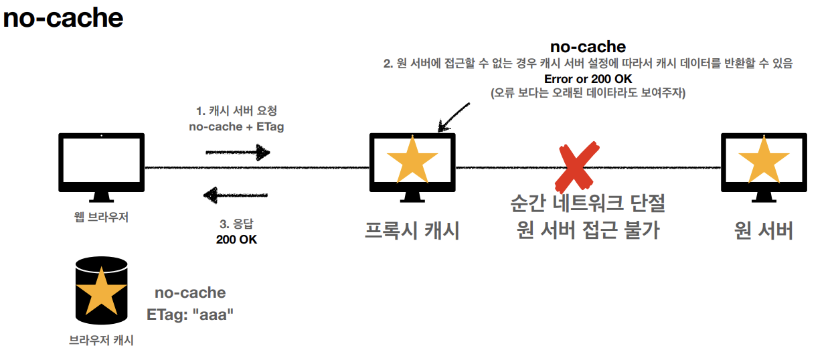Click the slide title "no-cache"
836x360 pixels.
pyautogui.click(x=63, y=18)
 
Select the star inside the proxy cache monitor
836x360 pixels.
pyautogui.click(x=412, y=161)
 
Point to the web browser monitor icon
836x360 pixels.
pyautogui.click(x=101, y=166)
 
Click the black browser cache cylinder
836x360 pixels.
pyautogui.click(x=101, y=289)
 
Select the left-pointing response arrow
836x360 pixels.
pyautogui.click(x=236, y=195)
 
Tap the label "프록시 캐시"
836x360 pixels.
pyautogui.click(x=412, y=230)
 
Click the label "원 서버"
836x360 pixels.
pyautogui.click(x=763, y=230)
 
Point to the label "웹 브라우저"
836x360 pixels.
pyautogui.click(x=101, y=217)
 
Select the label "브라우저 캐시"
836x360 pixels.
pyautogui.click(x=101, y=341)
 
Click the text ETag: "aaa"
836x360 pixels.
pyautogui.click(x=190, y=313)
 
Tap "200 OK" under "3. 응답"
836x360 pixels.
pyautogui.click(x=236, y=239)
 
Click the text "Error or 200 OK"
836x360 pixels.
pyautogui.click(x=587, y=78)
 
